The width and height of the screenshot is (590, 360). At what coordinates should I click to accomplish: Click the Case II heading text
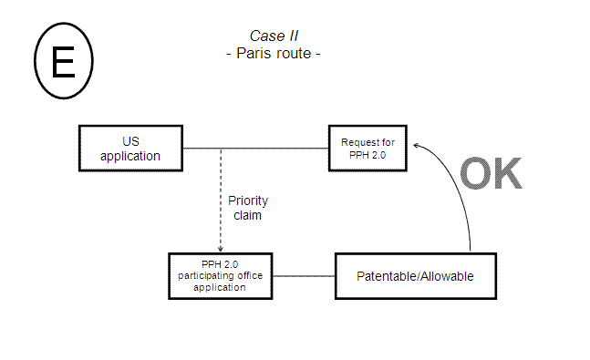click(273, 36)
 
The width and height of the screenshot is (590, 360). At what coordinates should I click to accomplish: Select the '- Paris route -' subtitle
click(273, 54)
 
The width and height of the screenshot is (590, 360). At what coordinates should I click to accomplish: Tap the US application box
click(130, 148)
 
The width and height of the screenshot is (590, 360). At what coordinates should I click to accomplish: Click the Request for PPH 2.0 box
click(367, 148)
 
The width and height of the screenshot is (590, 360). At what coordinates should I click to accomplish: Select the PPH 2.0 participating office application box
click(221, 275)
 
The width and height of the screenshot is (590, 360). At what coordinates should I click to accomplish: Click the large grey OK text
click(490, 174)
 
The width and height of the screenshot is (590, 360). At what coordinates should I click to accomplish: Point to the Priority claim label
click(248, 209)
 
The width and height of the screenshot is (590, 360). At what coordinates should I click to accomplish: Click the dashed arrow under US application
click(221, 196)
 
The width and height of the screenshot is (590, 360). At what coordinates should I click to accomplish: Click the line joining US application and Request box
click(255, 148)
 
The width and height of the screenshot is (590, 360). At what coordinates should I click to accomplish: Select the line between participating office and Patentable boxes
click(305, 275)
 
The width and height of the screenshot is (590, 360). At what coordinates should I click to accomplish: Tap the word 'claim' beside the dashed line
click(248, 216)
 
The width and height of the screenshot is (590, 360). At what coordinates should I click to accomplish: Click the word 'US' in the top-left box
click(130, 140)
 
